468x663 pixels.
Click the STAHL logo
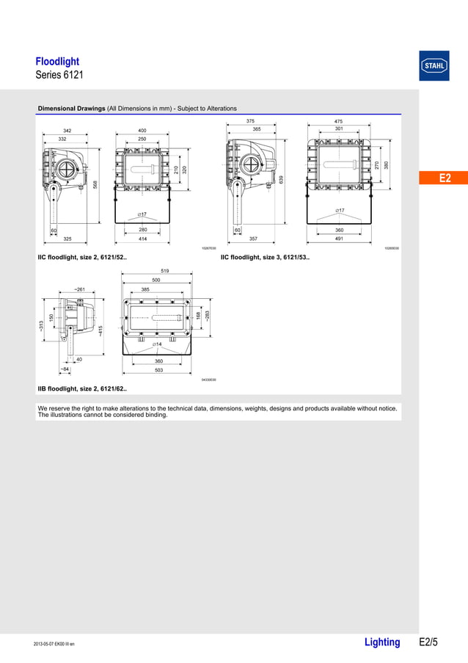[434, 65]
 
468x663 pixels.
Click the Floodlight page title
[57, 62]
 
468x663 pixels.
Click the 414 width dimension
[143, 239]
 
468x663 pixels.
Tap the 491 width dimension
[340, 239]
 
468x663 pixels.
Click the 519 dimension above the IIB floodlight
[156, 272]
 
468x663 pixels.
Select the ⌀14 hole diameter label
[157, 344]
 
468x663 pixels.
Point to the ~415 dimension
[100, 330]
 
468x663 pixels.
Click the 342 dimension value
[67, 131]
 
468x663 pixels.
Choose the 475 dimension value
[338, 121]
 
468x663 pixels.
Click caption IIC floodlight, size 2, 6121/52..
[82, 258]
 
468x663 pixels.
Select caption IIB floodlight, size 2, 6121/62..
[82, 388]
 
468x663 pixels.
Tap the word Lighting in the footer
[382, 642]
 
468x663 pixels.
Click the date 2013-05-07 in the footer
[46, 645]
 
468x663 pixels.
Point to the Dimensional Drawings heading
[72, 109]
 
